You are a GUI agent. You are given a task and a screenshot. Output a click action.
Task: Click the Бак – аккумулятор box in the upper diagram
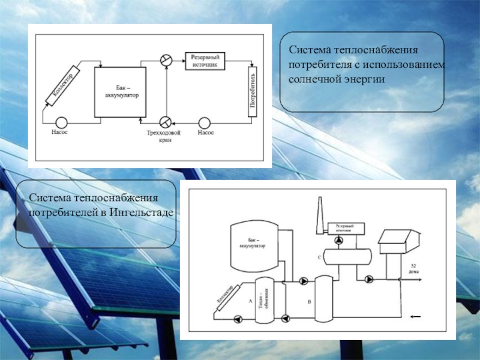(121, 91)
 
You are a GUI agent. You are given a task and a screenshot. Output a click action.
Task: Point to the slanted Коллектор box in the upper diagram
(62, 88)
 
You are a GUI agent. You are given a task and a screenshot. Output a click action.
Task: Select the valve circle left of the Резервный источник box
(166, 59)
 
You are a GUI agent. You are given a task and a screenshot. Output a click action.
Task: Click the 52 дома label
(414, 268)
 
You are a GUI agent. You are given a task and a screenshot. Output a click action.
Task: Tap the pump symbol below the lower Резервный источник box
(340, 240)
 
